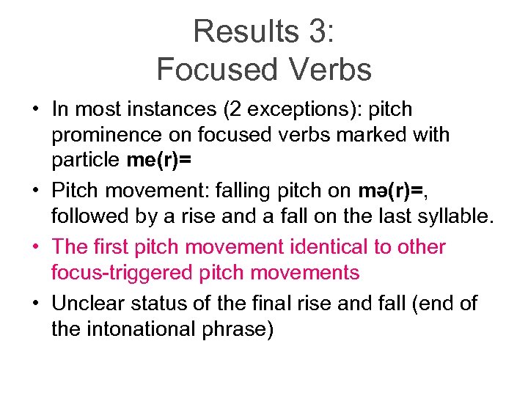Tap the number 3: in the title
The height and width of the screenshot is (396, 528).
pyautogui.click(x=315, y=32)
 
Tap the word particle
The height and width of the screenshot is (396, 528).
pyautogui.click(x=86, y=161)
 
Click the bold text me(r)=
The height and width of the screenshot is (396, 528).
pyautogui.click(x=157, y=161)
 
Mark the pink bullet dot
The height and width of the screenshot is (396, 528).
pyautogui.click(x=34, y=247)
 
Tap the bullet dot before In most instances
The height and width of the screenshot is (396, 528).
pyautogui.click(x=34, y=110)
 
